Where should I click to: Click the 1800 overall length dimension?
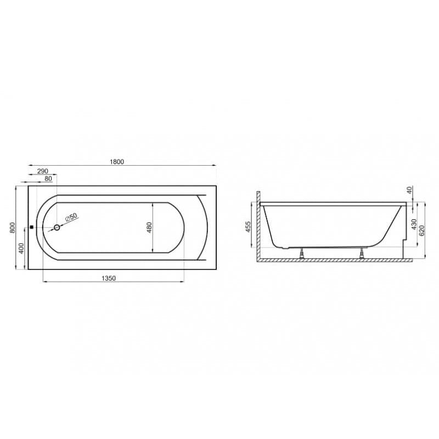[117, 161]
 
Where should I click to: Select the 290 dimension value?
[43, 171]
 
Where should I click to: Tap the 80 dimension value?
[48, 178]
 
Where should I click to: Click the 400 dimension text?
[21, 249]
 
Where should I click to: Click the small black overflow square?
[31, 227]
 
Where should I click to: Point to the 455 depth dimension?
[248, 226]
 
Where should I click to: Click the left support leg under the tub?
[301, 253]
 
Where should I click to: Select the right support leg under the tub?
[361, 253]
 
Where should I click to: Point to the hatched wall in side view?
[257, 225]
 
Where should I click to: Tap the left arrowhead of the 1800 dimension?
[29, 165]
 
